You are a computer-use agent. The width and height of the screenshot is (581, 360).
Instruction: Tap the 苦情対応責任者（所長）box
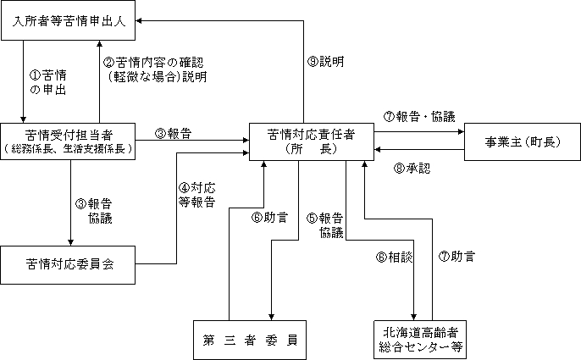[x=311, y=141]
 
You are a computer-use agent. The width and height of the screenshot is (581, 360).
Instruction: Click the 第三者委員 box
[x=248, y=341]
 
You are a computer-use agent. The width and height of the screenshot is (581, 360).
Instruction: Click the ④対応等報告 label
[x=196, y=196]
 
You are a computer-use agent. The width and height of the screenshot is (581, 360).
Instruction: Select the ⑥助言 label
[x=269, y=218]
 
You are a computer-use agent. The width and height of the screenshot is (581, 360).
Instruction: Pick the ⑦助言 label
[x=457, y=256]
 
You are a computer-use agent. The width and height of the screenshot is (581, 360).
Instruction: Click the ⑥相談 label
[x=396, y=256]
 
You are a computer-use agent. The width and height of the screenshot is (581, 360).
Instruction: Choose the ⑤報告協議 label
[x=325, y=224]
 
